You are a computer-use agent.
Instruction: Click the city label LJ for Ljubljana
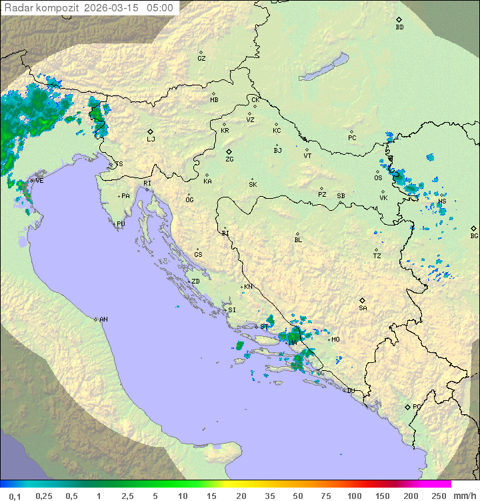[151, 139]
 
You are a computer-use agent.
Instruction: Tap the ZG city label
[229, 159]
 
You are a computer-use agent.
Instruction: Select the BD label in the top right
[399, 27]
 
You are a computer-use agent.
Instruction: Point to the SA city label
[363, 308]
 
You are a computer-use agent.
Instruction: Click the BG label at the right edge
[474, 235]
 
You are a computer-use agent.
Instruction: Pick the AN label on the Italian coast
[103, 320]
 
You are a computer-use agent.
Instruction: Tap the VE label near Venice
[39, 181]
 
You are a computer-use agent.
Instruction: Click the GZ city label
[201, 59]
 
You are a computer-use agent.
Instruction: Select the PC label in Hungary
[352, 138]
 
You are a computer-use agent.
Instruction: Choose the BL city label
[298, 240]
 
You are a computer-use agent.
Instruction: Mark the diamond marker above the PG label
[407, 406]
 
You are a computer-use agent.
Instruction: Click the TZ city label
[377, 256]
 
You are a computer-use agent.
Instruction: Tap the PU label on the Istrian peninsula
[121, 224]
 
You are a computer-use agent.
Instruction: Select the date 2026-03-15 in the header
[113, 8]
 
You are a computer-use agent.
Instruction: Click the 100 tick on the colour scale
[354, 496]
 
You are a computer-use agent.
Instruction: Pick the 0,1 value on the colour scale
[15, 496]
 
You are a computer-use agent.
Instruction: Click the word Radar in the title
[18, 8]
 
